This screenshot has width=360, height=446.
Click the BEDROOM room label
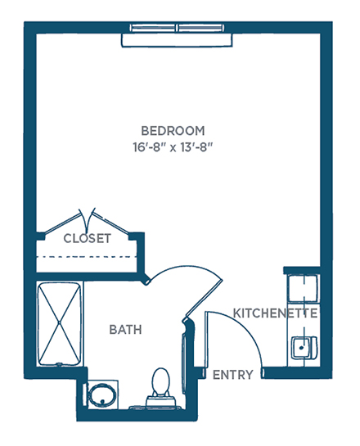pos(173,131)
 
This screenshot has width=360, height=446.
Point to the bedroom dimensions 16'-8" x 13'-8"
pos(173,147)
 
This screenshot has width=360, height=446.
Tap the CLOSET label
pos(88,238)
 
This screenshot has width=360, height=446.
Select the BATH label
pos(125,330)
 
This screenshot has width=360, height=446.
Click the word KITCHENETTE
pos(275,313)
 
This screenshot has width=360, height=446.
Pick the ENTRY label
pos(233,375)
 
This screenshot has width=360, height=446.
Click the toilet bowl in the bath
pos(160,381)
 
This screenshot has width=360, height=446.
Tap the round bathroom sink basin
pos(101,395)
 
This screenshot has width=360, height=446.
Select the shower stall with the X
pos(60,324)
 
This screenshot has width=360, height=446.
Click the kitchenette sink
pos(304,347)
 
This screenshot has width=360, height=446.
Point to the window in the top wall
pos(177,28)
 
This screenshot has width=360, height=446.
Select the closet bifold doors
pos(87,221)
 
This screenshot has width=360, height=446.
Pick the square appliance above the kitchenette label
pos(303,288)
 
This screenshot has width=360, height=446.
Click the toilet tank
pos(161,401)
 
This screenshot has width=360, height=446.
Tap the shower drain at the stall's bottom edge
pos(59,364)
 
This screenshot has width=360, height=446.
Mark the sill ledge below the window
pos(177,40)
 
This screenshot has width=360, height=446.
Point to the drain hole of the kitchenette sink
pos(300,347)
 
